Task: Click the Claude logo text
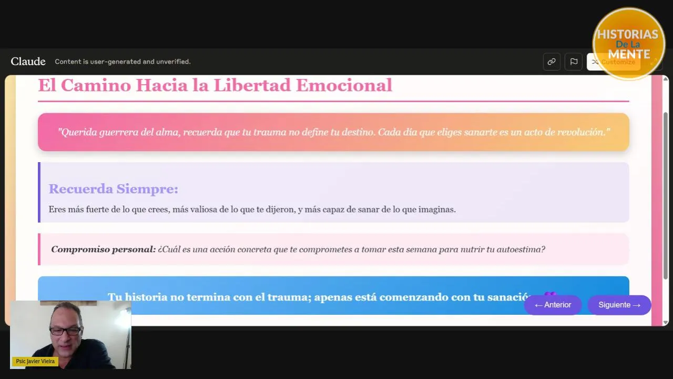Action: click(28, 62)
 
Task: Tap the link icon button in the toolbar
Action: click(552, 62)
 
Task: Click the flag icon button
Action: click(574, 62)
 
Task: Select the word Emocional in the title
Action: click(344, 85)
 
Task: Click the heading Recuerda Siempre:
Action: click(114, 189)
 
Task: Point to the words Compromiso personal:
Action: click(104, 250)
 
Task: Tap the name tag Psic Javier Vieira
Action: click(35, 361)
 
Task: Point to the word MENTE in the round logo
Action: click(629, 54)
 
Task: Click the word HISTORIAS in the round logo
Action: click(628, 34)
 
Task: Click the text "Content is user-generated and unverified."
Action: click(123, 62)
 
